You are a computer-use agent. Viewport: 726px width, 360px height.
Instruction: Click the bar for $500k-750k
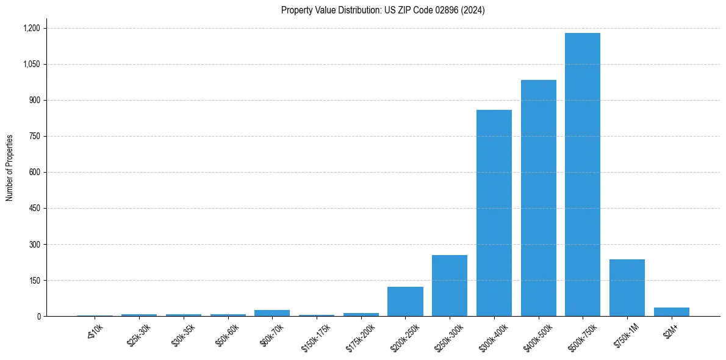[583, 175]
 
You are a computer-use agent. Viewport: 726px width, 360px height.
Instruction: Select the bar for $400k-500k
[538, 198]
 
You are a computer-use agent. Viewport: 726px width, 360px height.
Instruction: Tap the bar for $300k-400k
[494, 213]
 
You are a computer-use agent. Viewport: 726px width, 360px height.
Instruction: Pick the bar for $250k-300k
[450, 286]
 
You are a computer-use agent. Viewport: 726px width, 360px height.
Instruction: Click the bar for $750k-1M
[627, 288]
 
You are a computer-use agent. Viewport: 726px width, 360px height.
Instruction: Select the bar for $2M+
[671, 312]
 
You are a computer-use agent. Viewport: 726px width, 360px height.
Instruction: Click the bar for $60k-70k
[272, 313]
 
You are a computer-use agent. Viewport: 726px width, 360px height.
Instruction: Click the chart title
[383, 10]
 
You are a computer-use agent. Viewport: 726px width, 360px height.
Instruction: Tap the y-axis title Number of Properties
[10, 168]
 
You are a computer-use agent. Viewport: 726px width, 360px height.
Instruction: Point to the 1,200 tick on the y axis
[31, 28]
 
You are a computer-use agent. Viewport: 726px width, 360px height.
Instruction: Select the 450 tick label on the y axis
[34, 208]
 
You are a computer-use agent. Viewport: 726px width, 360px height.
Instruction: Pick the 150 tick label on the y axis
[34, 280]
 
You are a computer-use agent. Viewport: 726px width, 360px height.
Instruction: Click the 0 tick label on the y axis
[38, 316]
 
